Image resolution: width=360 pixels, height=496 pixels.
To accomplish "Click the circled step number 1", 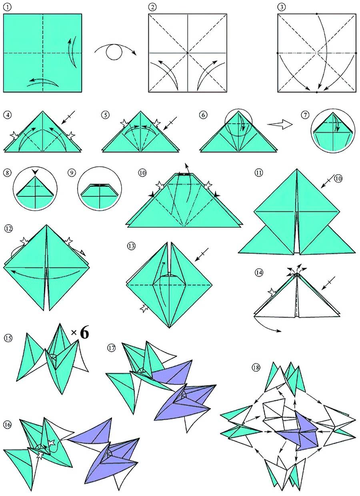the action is [8, 7].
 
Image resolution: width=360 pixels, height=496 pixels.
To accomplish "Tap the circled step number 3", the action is [282, 7].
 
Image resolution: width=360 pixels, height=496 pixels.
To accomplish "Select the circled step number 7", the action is [305, 115].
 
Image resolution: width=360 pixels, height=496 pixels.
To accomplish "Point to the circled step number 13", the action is [131, 246].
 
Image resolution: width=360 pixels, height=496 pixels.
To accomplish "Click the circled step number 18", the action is [256, 368].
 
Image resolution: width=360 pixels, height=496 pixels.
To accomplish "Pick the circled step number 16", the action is [7, 425].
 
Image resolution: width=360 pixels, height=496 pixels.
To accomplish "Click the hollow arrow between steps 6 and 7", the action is [280, 124].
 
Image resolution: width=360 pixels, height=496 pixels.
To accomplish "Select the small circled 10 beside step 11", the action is [338, 178].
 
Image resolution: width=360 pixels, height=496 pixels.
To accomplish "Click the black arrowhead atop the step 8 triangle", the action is [35, 172].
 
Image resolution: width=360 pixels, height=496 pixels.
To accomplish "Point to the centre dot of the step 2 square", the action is [188, 53].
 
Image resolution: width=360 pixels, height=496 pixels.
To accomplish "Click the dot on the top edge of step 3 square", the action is [317, 14].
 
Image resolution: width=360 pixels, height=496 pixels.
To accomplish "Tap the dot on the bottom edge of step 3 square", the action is [317, 92].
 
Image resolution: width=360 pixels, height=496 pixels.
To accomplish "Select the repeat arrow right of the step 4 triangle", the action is [68, 117].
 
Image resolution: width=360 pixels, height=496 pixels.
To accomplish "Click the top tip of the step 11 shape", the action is [297, 169].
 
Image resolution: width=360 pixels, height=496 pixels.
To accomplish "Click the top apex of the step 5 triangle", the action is [140, 112].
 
